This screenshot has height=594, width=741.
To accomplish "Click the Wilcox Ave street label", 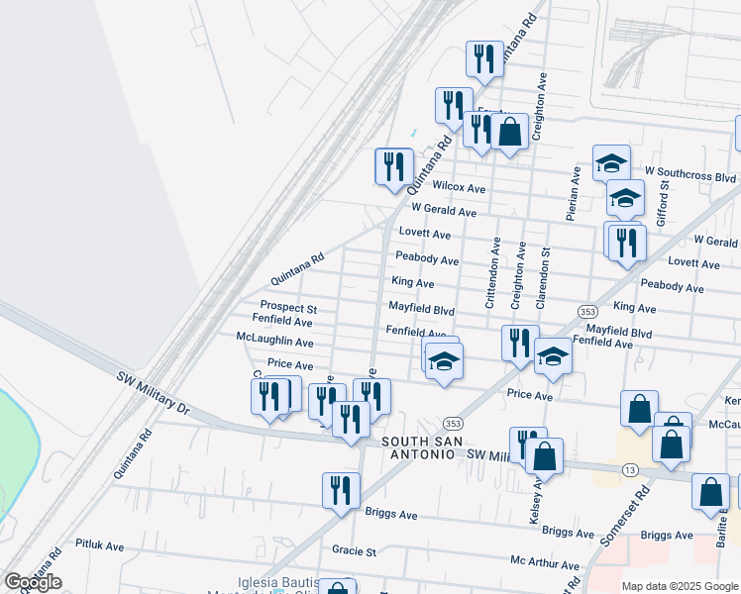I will tap(459, 188).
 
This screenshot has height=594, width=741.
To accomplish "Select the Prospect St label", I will tap(287, 307).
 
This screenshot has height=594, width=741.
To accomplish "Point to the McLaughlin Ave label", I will tap(275, 343).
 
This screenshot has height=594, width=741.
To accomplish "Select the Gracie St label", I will tap(355, 550).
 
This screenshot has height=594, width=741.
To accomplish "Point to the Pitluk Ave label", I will tap(99, 545).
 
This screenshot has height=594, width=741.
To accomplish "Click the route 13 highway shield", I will tap(629, 468).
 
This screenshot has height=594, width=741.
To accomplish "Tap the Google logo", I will tap(33, 582).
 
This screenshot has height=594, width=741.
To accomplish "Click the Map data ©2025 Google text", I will tap(680, 586).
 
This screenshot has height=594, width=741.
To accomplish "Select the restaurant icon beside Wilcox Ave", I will tap(393, 165).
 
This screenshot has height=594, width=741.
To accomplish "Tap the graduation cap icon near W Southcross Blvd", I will tap(611, 161).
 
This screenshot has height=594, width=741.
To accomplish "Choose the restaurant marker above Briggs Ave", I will tap(340, 490).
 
